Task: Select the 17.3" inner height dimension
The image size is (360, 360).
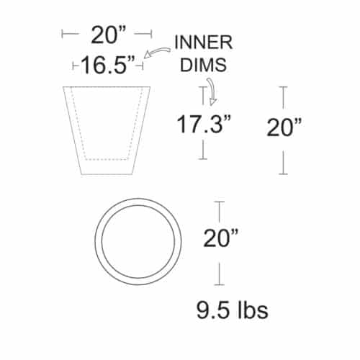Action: [204, 125]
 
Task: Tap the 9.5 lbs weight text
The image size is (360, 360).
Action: [232, 310]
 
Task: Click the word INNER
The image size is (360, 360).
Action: [204, 42]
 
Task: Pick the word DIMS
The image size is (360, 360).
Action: [203, 65]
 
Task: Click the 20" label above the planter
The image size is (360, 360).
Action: [108, 35]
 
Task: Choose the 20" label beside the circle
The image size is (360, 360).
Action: [221, 238]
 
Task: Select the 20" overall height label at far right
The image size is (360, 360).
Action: [284, 127]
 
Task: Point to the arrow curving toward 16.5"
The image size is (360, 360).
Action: [156, 53]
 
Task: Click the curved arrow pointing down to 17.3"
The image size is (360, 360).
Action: [212, 91]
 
